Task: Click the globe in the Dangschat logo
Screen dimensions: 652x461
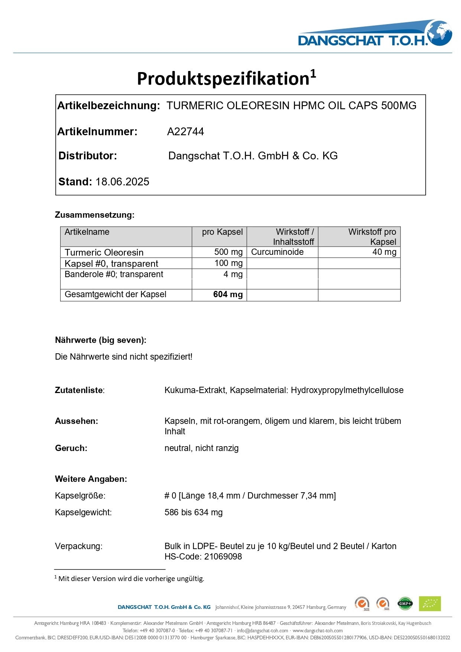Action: pos(439,33)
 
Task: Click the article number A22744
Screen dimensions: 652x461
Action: pos(185,132)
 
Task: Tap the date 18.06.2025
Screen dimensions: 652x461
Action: pos(122,182)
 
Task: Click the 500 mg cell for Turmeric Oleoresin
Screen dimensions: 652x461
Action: pos(228,252)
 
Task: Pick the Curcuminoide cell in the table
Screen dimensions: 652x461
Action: pos(277,252)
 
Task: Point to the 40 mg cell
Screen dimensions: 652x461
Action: pos(384,252)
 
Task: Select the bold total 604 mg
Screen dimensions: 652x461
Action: pos(228,295)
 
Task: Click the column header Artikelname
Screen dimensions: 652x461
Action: pos(87,232)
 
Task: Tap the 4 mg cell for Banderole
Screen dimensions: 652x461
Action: pos(233,274)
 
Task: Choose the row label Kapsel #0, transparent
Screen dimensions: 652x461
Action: pos(111,263)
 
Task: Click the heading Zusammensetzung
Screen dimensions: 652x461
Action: pos(94,215)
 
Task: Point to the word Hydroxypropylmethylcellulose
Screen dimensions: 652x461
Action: pos(347,390)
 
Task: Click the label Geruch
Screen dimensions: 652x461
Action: pos(71,448)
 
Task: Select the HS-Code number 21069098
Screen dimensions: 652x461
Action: pos(223,557)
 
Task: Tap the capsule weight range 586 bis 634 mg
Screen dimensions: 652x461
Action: pos(194,512)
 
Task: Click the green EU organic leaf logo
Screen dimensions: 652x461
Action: pos(429,604)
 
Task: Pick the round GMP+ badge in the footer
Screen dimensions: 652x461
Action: pos(405,604)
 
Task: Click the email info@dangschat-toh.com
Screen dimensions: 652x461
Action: pos(262,630)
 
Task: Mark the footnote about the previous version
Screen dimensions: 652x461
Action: pos(131,578)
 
